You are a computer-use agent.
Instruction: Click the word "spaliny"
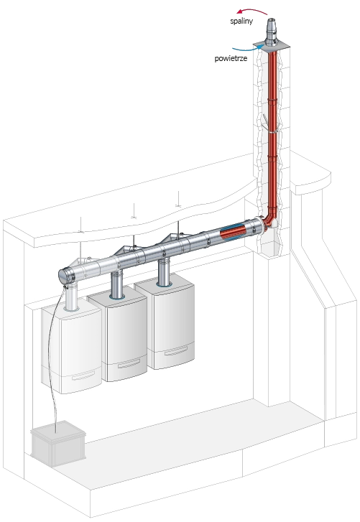(x=241, y=21)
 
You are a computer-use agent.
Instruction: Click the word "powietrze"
(x=231, y=58)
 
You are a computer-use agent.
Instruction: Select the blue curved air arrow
(x=246, y=49)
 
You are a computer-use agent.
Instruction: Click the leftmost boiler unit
(x=71, y=350)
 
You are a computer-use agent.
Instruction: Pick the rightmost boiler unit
(x=165, y=325)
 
